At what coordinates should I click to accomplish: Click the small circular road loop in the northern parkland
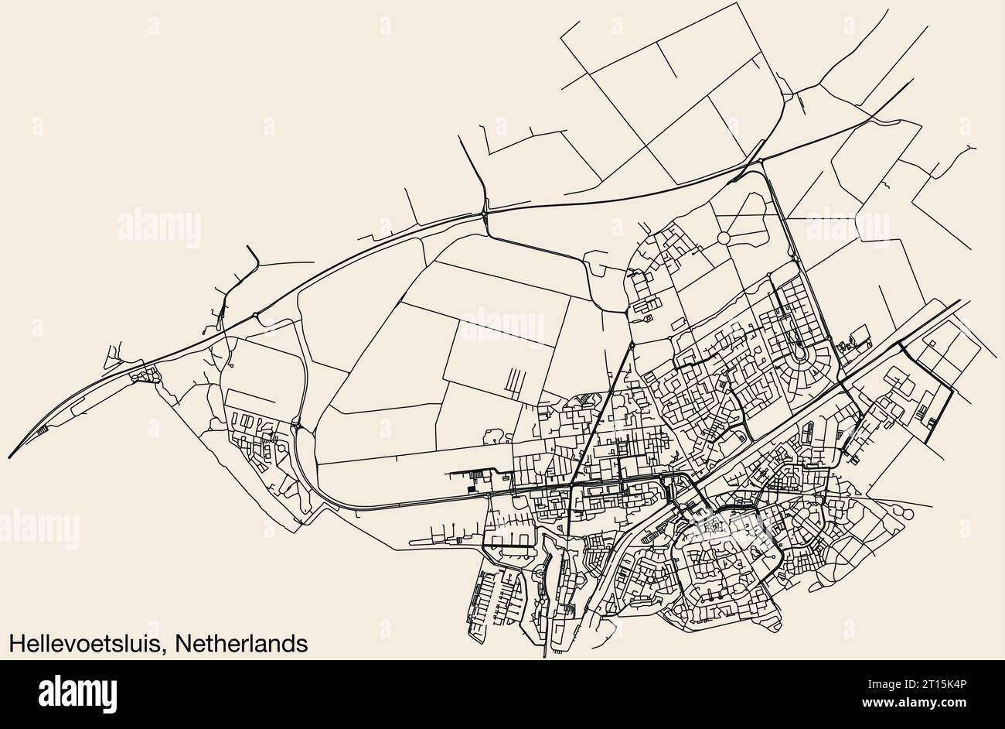point(725,237)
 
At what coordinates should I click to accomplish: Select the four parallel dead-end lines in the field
point(513,381)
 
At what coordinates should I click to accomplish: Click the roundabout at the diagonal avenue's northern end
point(632,344)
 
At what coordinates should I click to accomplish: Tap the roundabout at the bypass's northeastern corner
point(761,161)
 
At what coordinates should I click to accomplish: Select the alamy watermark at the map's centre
point(502,325)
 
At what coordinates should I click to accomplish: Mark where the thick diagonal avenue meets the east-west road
point(571,485)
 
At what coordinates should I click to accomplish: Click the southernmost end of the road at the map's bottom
point(546,657)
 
